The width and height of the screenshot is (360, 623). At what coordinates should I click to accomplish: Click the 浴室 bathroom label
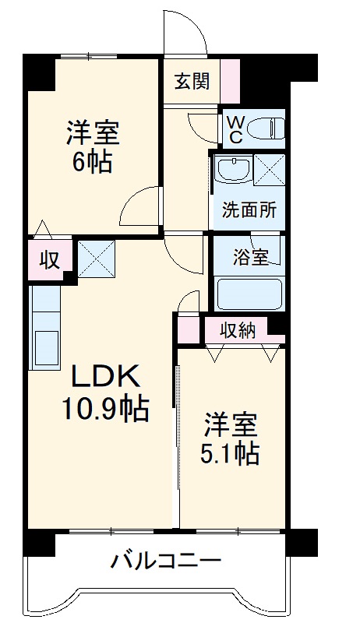pos(251,256)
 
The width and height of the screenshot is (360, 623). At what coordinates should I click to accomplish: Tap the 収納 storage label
pos(238,330)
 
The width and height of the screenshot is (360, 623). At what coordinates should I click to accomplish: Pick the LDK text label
pos(106,378)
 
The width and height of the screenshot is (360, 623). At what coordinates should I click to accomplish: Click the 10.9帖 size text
pos(106,408)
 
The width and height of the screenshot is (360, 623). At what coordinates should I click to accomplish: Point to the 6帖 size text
pos(92,163)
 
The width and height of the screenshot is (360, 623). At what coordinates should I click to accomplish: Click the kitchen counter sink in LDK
pos(46,345)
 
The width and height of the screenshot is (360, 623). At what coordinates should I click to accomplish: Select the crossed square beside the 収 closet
pos(96,257)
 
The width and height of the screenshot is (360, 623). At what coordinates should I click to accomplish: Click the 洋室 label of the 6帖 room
pos(92,133)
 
